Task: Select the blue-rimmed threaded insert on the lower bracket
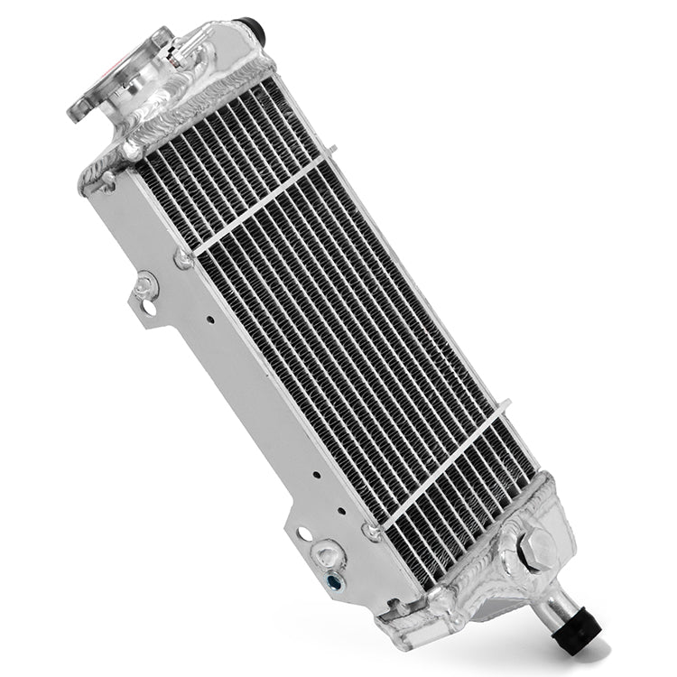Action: tap(335, 581)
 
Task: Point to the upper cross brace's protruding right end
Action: tap(331, 151)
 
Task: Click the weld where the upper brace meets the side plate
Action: tap(183, 259)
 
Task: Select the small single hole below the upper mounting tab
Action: tap(209, 318)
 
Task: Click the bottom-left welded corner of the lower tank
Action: tap(390, 615)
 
